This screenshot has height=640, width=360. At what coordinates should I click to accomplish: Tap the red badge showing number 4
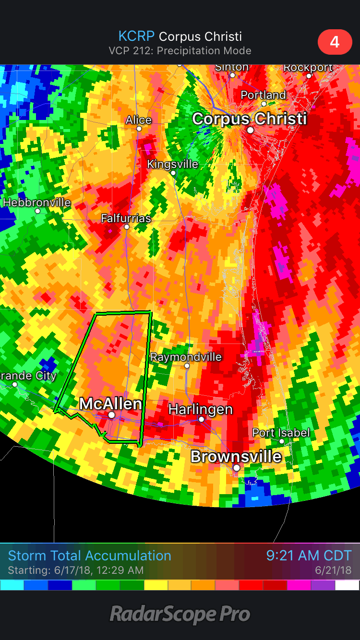click(334, 42)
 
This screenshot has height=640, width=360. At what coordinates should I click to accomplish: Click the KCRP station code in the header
click(137, 36)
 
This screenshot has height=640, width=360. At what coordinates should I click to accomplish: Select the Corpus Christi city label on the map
click(249, 119)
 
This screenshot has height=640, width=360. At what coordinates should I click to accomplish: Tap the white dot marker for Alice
click(139, 129)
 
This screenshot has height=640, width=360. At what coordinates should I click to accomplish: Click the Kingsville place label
click(172, 164)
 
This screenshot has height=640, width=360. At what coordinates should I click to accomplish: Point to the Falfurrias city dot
click(127, 226)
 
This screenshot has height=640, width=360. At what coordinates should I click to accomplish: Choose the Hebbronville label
click(36, 202)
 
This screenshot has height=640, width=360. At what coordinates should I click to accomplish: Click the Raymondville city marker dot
click(187, 366)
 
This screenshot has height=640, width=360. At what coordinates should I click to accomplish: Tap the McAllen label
click(110, 403)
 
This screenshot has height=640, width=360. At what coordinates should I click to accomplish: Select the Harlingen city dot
click(202, 419)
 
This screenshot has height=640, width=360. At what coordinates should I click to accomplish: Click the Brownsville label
click(236, 456)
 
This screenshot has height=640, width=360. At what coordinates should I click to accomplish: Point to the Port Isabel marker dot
click(282, 441)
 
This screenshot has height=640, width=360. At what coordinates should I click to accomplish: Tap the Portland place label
click(263, 95)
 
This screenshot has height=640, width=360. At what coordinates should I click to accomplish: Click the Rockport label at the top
click(308, 68)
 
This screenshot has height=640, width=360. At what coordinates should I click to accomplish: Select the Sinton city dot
click(232, 75)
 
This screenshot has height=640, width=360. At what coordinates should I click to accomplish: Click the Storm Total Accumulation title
click(89, 556)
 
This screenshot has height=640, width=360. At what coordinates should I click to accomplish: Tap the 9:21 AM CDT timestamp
click(309, 556)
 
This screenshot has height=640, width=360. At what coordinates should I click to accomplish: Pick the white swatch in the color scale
click(347, 585)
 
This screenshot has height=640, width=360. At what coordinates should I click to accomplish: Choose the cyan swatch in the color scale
click(12, 585)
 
